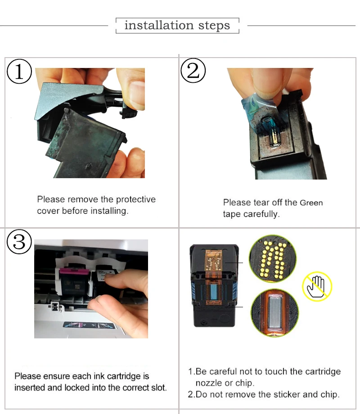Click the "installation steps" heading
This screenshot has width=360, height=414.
(x=177, y=25)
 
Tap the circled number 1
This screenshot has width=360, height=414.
(x=19, y=71)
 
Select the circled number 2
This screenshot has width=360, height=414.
(x=193, y=71)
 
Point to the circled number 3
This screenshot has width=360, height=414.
(x=19, y=242)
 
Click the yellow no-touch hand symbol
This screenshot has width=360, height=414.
(x=317, y=287)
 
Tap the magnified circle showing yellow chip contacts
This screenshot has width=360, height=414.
(x=273, y=259)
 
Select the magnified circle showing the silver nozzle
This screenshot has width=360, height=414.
(x=274, y=313)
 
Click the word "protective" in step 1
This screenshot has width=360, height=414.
(x=136, y=199)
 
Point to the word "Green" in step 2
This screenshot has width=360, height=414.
(x=311, y=202)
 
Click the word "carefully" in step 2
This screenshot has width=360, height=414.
(x=261, y=214)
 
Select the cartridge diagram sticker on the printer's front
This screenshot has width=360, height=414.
(x=90, y=325)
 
